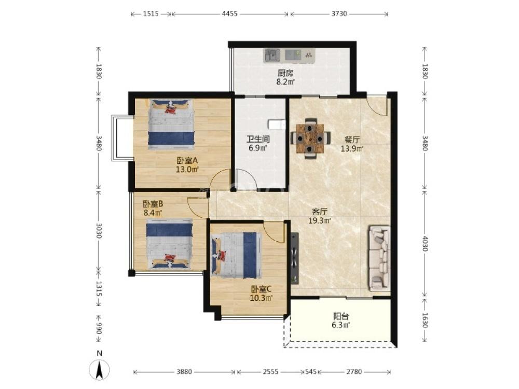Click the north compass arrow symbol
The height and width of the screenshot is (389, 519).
coord(99,369)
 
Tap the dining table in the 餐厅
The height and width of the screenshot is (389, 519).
coord(310,138)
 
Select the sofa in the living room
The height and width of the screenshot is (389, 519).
coord(379,258)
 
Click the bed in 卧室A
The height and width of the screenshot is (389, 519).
coord(171,124)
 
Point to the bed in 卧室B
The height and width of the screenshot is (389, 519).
coord(170,244)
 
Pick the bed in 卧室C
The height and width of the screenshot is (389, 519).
coord(235,255)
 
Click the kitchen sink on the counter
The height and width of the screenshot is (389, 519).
coord(272,55)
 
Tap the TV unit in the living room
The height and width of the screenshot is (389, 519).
coord(294,258)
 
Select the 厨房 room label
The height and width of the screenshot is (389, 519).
coord(285,73)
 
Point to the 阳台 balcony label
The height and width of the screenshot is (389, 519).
coord(341,316)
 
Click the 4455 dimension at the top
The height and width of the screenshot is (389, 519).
coord(230,13)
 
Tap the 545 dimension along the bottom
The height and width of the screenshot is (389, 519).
coord(310,371)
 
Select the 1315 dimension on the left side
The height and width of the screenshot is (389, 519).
coord(98,289)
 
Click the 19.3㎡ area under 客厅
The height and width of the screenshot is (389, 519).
coord(320,220)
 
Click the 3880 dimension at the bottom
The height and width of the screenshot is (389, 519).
coord(184,371)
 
